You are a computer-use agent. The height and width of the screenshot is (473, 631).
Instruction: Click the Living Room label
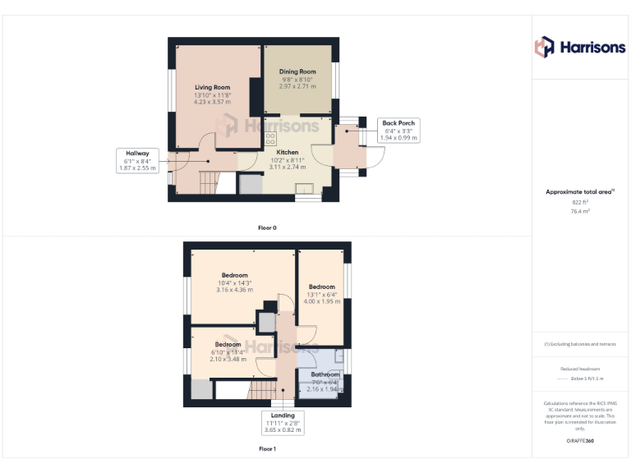coord(212,87)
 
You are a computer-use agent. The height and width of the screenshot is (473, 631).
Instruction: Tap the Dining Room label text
coord(297,72)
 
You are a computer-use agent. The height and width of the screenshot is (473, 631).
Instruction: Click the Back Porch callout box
coord(398,131)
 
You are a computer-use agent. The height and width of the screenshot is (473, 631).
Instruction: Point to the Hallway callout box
coord(137,161)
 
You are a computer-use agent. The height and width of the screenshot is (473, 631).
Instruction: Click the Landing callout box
coord(282,422)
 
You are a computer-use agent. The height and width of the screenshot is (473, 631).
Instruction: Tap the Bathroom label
coord(325,374)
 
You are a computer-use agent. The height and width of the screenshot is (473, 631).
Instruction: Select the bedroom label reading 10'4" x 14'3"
coord(234,282)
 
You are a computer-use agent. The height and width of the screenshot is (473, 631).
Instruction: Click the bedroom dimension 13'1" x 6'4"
coord(321,295)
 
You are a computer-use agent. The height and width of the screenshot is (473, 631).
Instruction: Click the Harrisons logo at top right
coord(580,47)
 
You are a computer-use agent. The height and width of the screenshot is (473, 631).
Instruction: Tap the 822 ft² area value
coord(580,202)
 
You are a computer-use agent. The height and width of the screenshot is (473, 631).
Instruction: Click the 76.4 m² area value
coord(580,211)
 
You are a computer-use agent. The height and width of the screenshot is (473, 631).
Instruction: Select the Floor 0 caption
coord(267,227)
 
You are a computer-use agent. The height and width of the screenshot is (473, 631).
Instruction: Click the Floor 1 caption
coord(267,449)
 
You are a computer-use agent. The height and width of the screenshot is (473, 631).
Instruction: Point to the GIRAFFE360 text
coord(580,441)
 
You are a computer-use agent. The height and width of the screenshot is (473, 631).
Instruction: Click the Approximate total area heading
coord(580,191)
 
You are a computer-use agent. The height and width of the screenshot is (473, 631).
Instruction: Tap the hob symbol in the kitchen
coord(270,139)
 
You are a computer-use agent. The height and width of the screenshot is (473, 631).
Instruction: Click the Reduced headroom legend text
coord(580,370)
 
